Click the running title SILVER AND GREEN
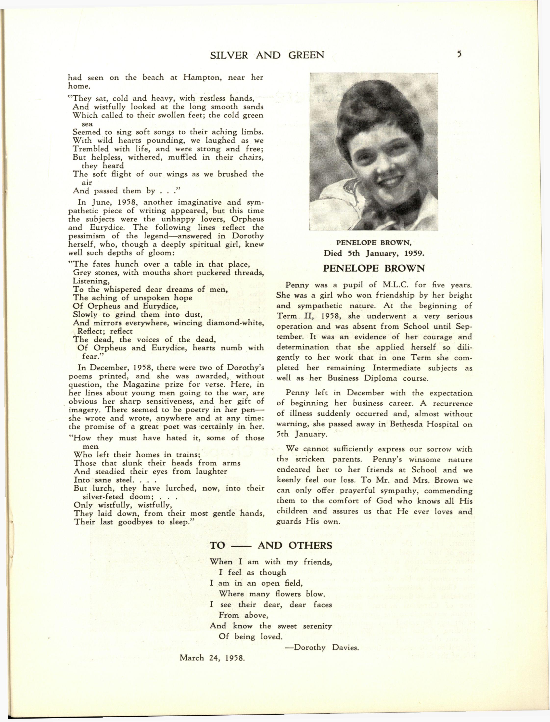[267, 55]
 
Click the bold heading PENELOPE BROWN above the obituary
[374, 269]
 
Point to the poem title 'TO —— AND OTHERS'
[271, 545]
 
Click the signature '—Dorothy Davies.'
[322, 648]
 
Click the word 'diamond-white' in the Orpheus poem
[235, 322]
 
